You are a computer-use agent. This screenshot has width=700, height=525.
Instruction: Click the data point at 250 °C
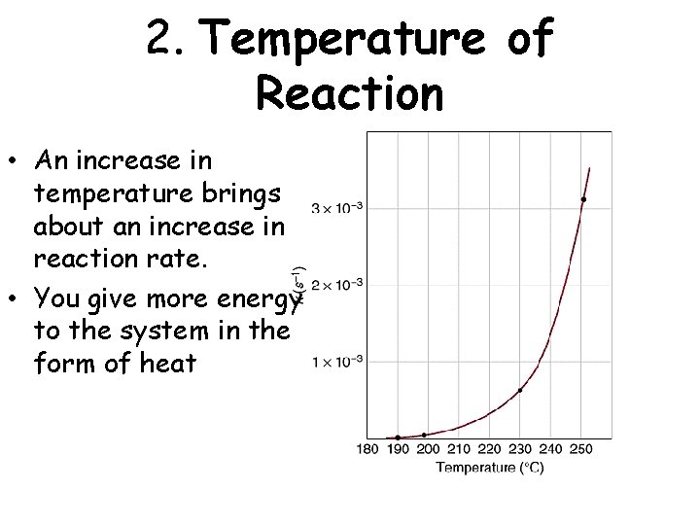[583, 199]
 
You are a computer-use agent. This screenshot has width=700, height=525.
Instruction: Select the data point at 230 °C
[521, 390]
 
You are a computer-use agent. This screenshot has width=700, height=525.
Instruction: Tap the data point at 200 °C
[425, 435]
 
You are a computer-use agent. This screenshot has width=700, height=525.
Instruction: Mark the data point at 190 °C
[398, 437]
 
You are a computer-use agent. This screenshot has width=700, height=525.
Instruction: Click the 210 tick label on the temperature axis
[459, 450]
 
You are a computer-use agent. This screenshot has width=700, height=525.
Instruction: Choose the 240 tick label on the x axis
[549, 450]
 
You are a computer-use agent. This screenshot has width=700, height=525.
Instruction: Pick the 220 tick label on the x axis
[489, 450]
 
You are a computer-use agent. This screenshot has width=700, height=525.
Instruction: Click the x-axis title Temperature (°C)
[489, 468]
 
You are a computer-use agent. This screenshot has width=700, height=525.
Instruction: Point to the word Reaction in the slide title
[349, 94]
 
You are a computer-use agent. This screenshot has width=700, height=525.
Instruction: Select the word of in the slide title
[530, 41]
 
